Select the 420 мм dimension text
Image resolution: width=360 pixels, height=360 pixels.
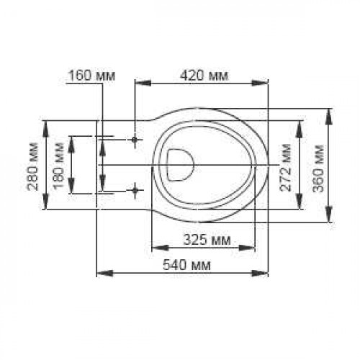tap(202, 75)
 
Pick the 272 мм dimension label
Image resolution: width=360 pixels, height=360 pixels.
tap(286, 167)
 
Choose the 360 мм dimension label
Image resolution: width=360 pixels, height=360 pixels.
tap(317, 167)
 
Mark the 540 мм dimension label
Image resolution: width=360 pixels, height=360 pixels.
tap(183, 264)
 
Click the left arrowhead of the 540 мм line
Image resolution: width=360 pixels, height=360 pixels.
tap(100, 272)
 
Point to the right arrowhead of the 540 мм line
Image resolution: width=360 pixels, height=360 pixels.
tap(265, 272)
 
